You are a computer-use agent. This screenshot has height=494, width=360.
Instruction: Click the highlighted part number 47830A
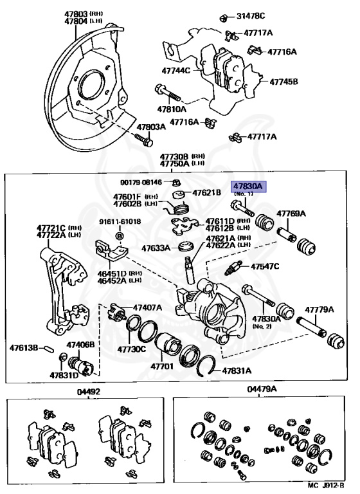click(248, 187)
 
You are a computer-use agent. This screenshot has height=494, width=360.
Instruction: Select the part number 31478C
click(251, 15)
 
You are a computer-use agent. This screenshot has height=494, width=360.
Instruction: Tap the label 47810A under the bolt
click(172, 109)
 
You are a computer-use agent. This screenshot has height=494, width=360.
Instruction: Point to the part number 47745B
click(283, 82)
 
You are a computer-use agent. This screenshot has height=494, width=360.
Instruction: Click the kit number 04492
click(89, 392)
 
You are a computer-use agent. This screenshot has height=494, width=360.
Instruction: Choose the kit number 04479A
click(262, 389)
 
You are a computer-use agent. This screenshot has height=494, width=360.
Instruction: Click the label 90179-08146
click(141, 182)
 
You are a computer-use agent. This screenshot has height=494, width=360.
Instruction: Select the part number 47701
click(162, 366)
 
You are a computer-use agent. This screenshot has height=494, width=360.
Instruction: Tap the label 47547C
click(265, 266)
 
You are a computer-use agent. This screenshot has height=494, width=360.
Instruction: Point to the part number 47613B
click(24, 348)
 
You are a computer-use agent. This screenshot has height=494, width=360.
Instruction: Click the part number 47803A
click(151, 127)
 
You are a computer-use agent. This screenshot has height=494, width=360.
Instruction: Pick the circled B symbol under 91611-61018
click(120, 236)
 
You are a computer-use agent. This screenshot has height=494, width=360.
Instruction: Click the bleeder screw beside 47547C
click(233, 268)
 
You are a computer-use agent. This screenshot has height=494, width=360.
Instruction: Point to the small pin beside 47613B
click(50, 349)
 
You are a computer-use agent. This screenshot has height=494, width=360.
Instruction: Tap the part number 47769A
click(291, 214)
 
